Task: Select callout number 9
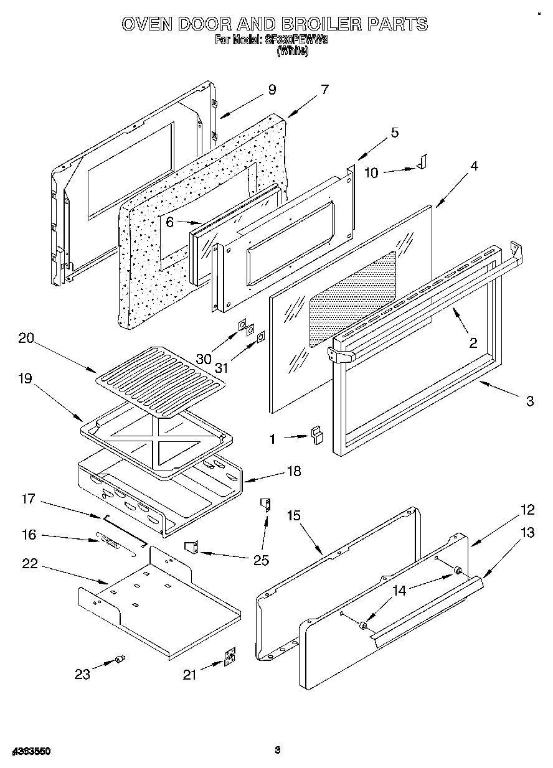click(x=272, y=90)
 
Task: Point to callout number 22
click(x=29, y=564)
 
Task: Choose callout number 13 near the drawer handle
click(x=527, y=532)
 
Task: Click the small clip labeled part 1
click(x=318, y=434)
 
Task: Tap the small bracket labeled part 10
click(x=423, y=162)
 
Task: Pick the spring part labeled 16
click(x=110, y=541)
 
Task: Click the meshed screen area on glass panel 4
click(x=353, y=297)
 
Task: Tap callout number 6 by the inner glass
click(x=168, y=221)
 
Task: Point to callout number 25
click(x=262, y=561)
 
